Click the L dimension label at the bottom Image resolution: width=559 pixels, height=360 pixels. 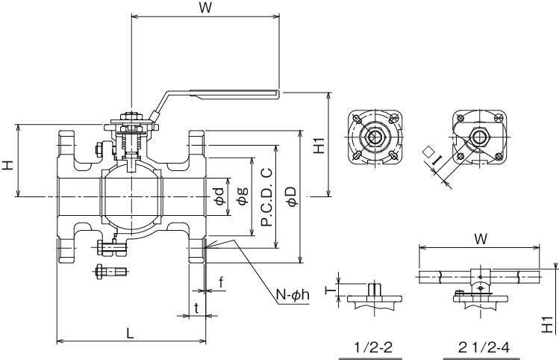(130, 333)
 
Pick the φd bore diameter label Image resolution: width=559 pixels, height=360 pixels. (219, 196)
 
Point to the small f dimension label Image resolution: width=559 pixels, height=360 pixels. (221, 282)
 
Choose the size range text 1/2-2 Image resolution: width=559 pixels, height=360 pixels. (372, 347)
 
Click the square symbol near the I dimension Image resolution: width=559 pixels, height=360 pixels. (428, 151)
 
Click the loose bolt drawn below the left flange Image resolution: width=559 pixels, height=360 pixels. (109, 271)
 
